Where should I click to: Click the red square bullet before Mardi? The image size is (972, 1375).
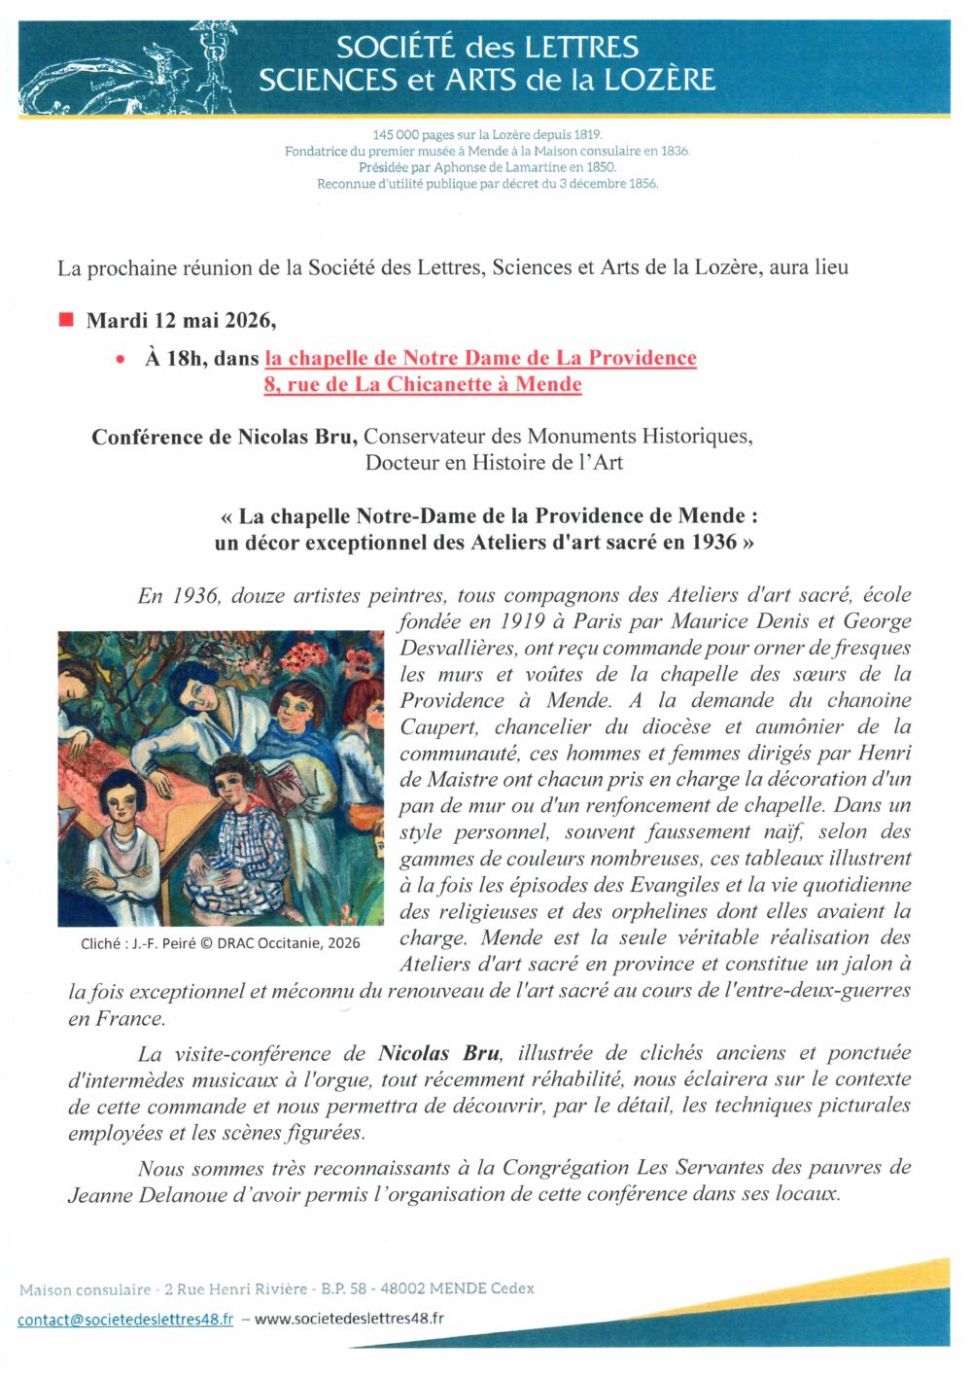(66, 320)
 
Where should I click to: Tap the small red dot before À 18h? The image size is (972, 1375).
(121, 359)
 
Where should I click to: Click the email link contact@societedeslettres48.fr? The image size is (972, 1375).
(125, 1320)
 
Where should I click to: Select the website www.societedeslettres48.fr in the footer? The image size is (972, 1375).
(349, 1319)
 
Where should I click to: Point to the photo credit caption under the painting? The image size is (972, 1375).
(221, 942)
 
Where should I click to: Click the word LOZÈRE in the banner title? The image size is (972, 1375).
(659, 80)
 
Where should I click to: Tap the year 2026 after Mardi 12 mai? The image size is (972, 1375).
(249, 320)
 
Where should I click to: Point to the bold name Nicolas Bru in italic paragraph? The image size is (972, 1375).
(438, 1053)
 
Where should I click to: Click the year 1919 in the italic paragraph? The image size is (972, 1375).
(522, 621)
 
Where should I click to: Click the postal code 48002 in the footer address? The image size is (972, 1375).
(401, 1288)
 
